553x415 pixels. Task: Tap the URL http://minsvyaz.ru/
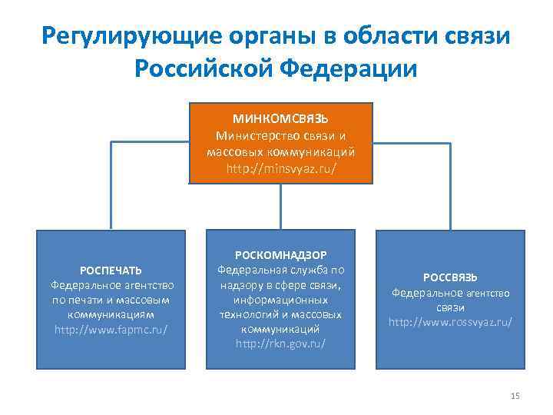click(281, 167)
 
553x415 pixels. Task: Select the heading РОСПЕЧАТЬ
click(111, 270)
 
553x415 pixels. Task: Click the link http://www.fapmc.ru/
click(111, 329)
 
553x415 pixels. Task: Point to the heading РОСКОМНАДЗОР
click(280, 255)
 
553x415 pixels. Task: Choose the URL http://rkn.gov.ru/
click(280, 344)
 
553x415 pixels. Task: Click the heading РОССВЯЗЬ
click(450, 277)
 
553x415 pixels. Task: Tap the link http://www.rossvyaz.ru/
click(450, 321)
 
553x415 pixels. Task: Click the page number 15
click(515, 396)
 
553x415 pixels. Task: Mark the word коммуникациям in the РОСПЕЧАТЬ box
click(111, 314)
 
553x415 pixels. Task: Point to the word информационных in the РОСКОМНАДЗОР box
click(280, 300)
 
